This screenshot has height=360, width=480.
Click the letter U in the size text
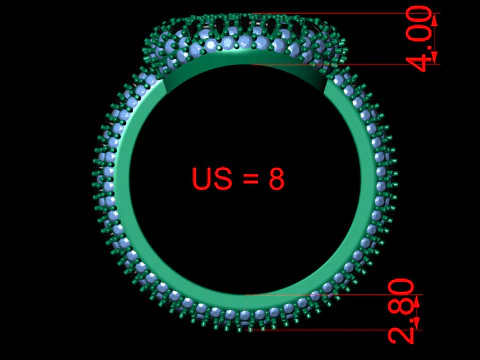(x=201, y=178)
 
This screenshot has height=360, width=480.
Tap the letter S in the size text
(x=222, y=178)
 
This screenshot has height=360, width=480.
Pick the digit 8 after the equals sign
(x=277, y=179)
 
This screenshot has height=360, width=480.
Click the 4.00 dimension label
(x=419, y=38)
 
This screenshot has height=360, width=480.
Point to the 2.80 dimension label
(x=401, y=311)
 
